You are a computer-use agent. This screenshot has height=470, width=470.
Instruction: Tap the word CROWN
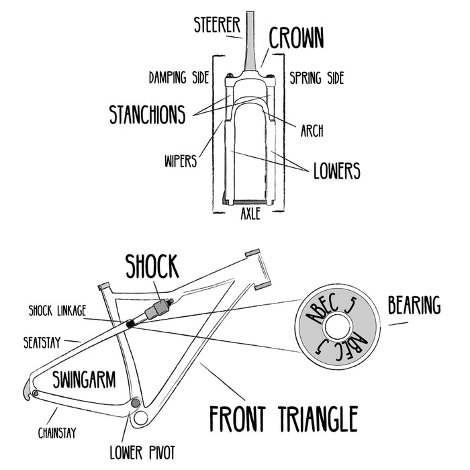[296, 38]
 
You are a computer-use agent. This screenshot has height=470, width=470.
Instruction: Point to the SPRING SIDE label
[316, 78]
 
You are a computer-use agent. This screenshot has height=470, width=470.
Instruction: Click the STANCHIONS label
[147, 114]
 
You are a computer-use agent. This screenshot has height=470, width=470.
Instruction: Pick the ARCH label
[312, 131]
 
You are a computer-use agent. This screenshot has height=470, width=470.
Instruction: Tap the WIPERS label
[180, 161]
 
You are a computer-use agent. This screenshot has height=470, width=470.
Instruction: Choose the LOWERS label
[336, 171]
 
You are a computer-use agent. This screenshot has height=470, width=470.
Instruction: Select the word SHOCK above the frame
[152, 267]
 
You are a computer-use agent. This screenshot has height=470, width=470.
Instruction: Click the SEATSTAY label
[42, 342]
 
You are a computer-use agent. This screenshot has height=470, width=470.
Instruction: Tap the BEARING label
[414, 306]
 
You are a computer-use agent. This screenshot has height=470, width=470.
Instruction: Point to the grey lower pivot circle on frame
[136, 404]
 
